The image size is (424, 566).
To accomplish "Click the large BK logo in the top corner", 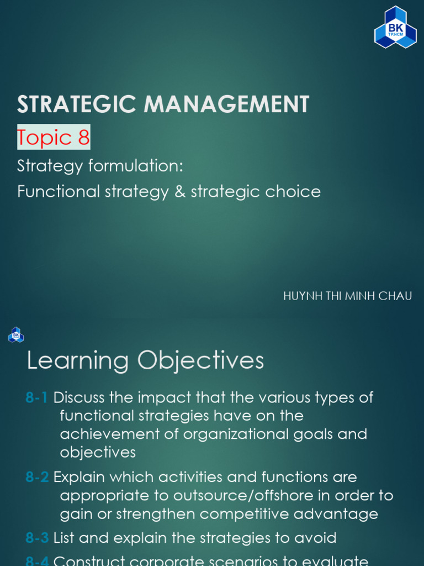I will pos(395,27).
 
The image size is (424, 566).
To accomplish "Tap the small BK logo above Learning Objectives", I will pos(16,334).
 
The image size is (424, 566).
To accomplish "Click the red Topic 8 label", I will pos(54,137).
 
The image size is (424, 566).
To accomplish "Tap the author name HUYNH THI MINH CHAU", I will pos(347,296).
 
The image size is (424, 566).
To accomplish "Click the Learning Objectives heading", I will pos(145,361).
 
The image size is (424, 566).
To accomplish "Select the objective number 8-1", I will pos(36,397).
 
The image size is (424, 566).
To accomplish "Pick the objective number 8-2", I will pos(37,477).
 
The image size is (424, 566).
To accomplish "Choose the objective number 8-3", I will pos(37,538).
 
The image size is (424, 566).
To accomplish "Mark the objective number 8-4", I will pos(37,560).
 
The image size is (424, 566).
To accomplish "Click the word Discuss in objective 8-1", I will pos(79,397).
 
